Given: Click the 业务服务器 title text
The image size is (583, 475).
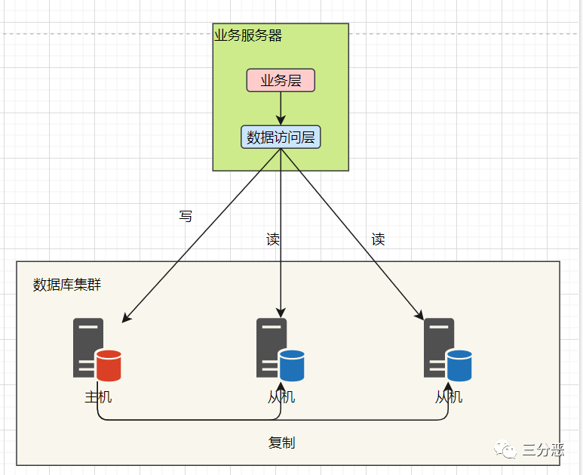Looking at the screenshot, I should pyautogui.click(x=248, y=35).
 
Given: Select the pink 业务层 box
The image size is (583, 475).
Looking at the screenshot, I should pyautogui.click(x=281, y=80).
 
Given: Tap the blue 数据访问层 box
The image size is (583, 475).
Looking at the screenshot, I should pyautogui.click(x=281, y=137).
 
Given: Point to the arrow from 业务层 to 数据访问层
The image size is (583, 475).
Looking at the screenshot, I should pyautogui.click(x=281, y=109).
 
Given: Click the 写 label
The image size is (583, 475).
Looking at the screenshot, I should pyautogui.click(x=186, y=217).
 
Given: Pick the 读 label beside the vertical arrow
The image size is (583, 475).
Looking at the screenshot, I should pyautogui.click(x=273, y=240).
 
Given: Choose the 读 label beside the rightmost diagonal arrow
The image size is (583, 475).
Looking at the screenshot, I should pyautogui.click(x=378, y=240).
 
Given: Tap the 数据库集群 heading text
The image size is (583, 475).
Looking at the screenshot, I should pyautogui.click(x=67, y=285).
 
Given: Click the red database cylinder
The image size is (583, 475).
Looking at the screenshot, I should pyautogui.click(x=109, y=366).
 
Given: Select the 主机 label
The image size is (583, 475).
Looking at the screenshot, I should pyautogui.click(x=98, y=396).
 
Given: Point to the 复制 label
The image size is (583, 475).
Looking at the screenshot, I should pyautogui.click(x=281, y=443).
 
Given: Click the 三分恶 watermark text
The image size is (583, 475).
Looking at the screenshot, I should pyautogui.click(x=543, y=450).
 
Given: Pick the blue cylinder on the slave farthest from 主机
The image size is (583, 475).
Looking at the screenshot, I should pyautogui.click(x=459, y=366).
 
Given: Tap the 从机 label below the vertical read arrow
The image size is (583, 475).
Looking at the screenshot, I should pyautogui.click(x=281, y=396).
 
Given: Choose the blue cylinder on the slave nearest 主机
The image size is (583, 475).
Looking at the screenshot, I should pyautogui.click(x=292, y=366).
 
